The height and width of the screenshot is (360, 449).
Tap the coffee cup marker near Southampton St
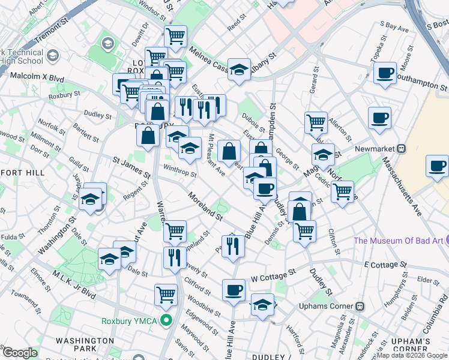(385, 73)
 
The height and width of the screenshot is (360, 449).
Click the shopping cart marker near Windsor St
(175, 36)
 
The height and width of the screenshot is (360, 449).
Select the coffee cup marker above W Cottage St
(234, 290)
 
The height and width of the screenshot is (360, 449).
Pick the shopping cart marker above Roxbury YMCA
(166, 294)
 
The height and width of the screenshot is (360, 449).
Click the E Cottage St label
(385, 265)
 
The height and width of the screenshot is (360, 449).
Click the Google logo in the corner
(19, 353)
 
